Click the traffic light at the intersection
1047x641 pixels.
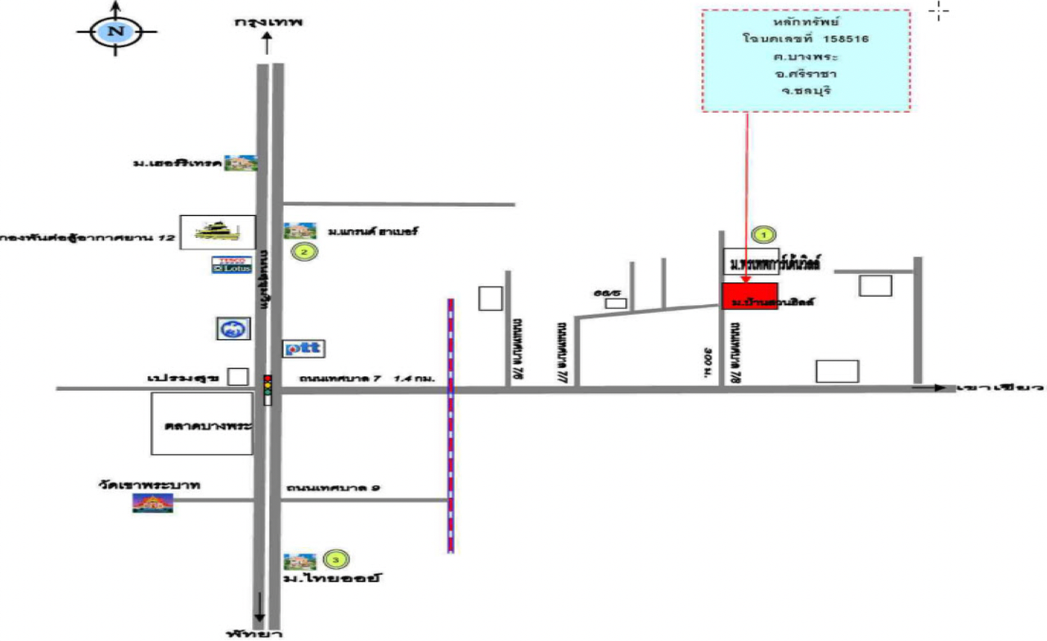[x=267, y=388]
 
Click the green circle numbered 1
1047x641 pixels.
[x=764, y=235]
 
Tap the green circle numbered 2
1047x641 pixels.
[x=304, y=252]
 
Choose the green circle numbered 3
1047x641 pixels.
[x=335, y=560]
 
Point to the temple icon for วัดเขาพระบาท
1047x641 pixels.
[x=152, y=504]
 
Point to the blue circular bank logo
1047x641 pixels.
[x=231, y=329]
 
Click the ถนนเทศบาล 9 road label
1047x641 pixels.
[x=333, y=489]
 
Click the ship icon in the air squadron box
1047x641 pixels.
[x=218, y=232]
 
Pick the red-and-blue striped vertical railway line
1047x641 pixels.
[x=450, y=425]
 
